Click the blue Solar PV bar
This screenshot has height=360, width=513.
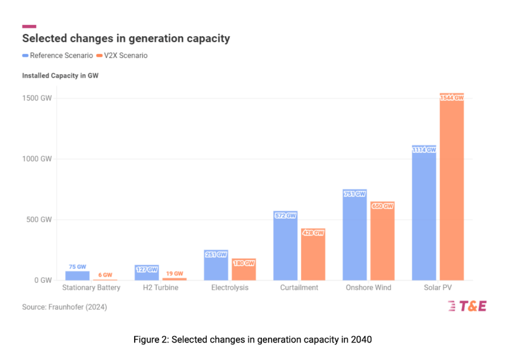click(424, 216)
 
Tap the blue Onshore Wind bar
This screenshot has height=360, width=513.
click(354, 238)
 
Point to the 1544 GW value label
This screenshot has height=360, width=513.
click(452, 98)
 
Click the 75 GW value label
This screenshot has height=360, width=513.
click(77, 266)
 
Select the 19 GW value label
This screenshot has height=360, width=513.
click(174, 273)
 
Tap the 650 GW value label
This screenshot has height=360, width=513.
click(382, 206)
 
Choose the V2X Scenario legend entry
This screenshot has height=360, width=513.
click(122, 56)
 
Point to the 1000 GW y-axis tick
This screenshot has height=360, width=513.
click(38, 159)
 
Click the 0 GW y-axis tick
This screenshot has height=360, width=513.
click(43, 281)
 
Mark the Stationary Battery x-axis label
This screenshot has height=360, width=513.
click(91, 288)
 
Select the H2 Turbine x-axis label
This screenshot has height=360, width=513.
click(161, 288)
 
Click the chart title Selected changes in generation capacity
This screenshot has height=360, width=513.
click(126, 39)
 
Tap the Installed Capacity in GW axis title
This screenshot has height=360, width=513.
click(60, 76)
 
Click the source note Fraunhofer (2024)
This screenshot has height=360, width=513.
click(64, 307)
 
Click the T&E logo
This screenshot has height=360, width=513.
click(467, 306)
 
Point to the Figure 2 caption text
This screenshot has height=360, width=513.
click(252, 340)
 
